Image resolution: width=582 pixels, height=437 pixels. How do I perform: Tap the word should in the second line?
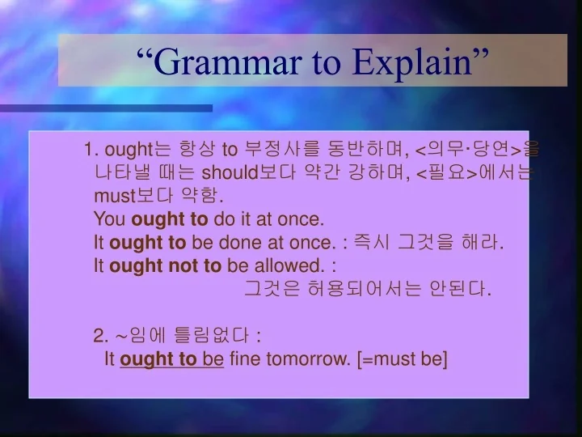pos(229,172)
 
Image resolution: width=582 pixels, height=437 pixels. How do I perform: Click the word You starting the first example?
pos(110,218)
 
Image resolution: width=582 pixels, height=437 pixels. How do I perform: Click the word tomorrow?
pos(311,359)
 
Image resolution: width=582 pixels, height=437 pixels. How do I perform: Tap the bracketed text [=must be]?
pos(402,359)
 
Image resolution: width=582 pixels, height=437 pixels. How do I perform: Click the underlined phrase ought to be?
pos(171,359)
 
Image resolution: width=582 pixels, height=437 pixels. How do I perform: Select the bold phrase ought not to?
pos(165,265)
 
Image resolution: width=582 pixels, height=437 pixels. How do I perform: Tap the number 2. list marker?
pos(101,336)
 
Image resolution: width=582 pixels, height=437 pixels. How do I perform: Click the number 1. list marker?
pos(91,149)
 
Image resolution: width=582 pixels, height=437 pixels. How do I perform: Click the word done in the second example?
pos(234,242)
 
